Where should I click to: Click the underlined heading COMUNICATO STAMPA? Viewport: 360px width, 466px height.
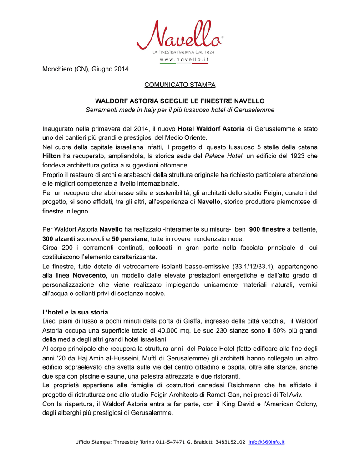(x=180, y=85)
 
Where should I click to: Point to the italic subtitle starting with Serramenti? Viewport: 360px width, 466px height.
(x=180, y=110)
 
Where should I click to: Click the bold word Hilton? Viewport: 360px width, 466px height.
(x=51, y=156)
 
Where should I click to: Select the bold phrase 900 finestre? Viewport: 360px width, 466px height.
(x=267, y=229)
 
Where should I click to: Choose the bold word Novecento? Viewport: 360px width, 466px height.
(x=89, y=275)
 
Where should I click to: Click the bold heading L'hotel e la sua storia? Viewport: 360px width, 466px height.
(x=75, y=312)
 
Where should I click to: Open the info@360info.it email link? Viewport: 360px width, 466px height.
(x=266, y=442)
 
